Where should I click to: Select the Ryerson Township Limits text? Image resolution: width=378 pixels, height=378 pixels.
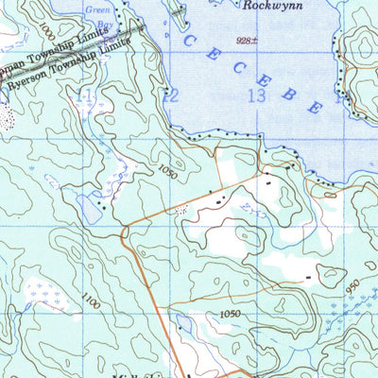pos(66,66)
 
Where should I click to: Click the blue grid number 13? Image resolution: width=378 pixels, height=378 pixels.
pos(254,94)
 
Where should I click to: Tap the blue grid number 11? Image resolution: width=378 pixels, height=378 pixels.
pos(87,94)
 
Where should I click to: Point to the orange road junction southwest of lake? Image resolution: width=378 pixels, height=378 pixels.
pos(124,228)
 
